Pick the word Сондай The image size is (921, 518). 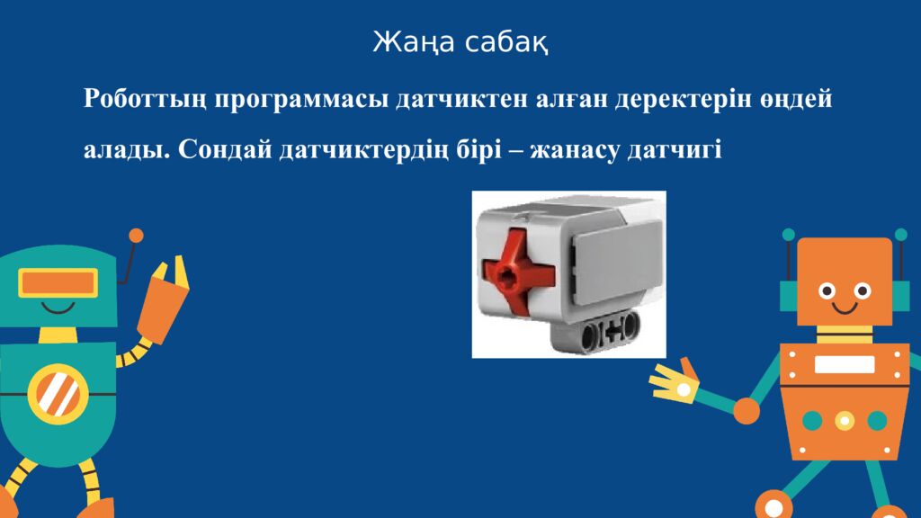225,150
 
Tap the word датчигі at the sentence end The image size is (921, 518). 675,150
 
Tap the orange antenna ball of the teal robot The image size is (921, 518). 137,236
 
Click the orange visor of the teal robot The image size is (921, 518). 58,283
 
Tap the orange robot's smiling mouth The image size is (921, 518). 845,308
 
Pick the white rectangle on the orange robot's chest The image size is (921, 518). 844,364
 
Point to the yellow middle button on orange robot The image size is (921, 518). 845,421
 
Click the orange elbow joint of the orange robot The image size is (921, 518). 747,410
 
